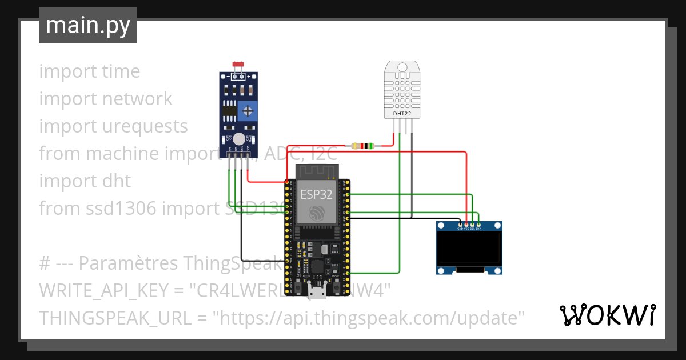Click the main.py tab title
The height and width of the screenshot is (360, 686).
[x=88, y=26]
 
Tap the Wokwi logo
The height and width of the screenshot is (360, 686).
[x=607, y=315]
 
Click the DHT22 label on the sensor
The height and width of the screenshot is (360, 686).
[x=402, y=113]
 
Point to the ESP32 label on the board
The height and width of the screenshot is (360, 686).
[x=317, y=194]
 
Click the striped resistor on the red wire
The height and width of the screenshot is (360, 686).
[x=362, y=146]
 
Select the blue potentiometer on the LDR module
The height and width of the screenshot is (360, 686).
[x=247, y=110]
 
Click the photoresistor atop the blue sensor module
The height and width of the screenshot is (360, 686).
[x=236, y=67]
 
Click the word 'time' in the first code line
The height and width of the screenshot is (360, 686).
[x=121, y=71]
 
